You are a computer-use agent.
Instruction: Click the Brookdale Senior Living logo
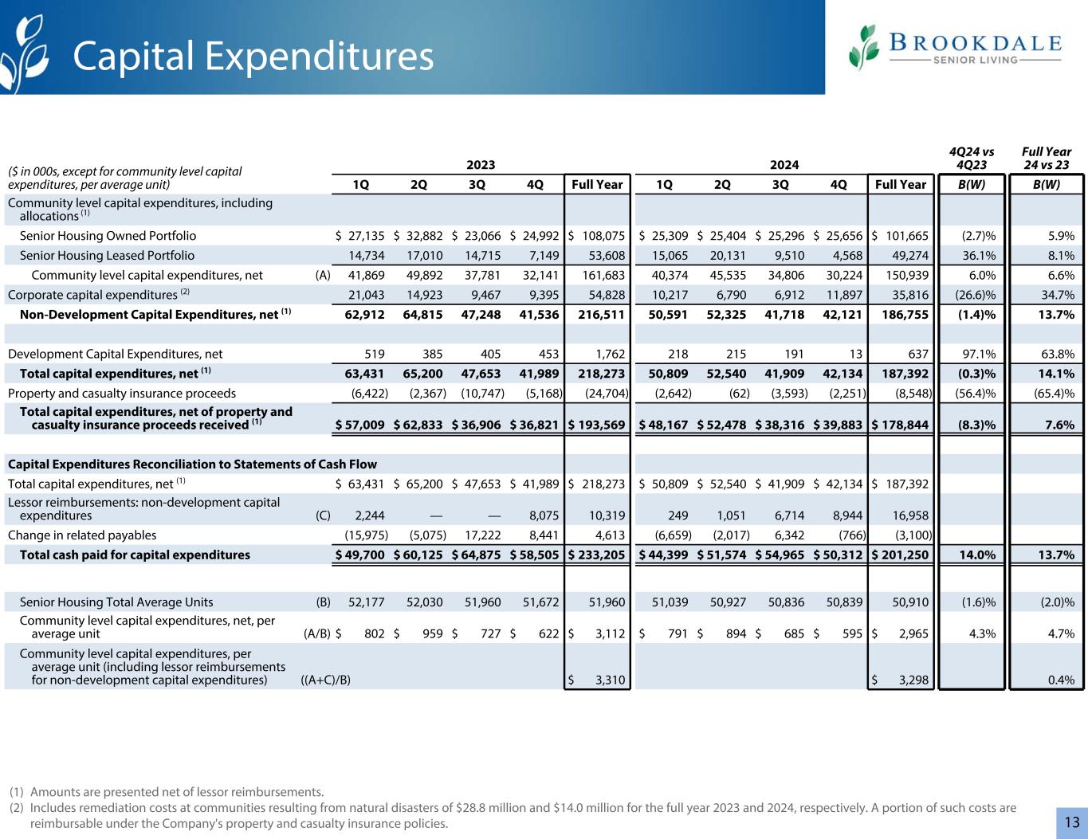[x=955, y=48]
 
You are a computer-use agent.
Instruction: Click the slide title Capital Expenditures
[x=253, y=57]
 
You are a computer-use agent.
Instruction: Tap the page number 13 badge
[x=1071, y=822]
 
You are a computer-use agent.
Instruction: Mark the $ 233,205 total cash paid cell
[x=596, y=555]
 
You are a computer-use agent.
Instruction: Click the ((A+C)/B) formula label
[x=326, y=680]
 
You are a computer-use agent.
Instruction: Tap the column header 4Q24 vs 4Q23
[x=972, y=158]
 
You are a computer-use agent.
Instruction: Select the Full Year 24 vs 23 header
[x=1046, y=158]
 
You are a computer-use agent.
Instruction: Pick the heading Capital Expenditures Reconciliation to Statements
[x=192, y=465]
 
